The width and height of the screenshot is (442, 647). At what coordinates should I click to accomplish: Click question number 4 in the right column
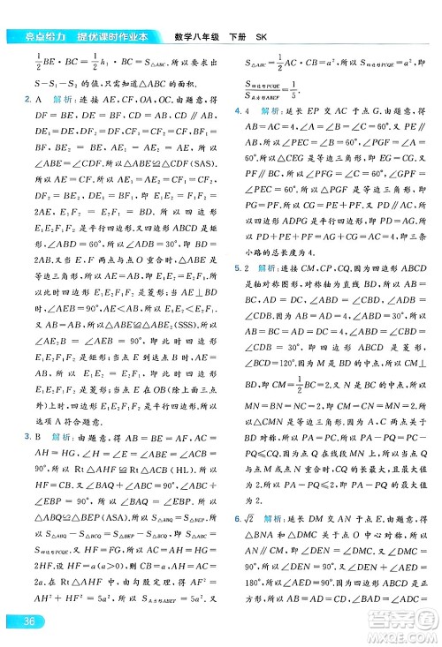[x=236, y=109]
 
